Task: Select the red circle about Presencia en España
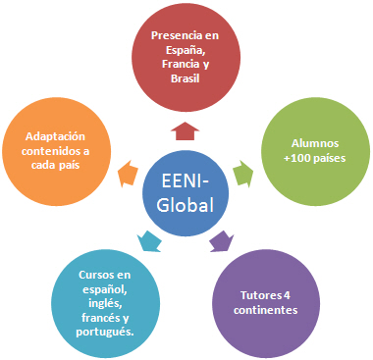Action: pos(186,57)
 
